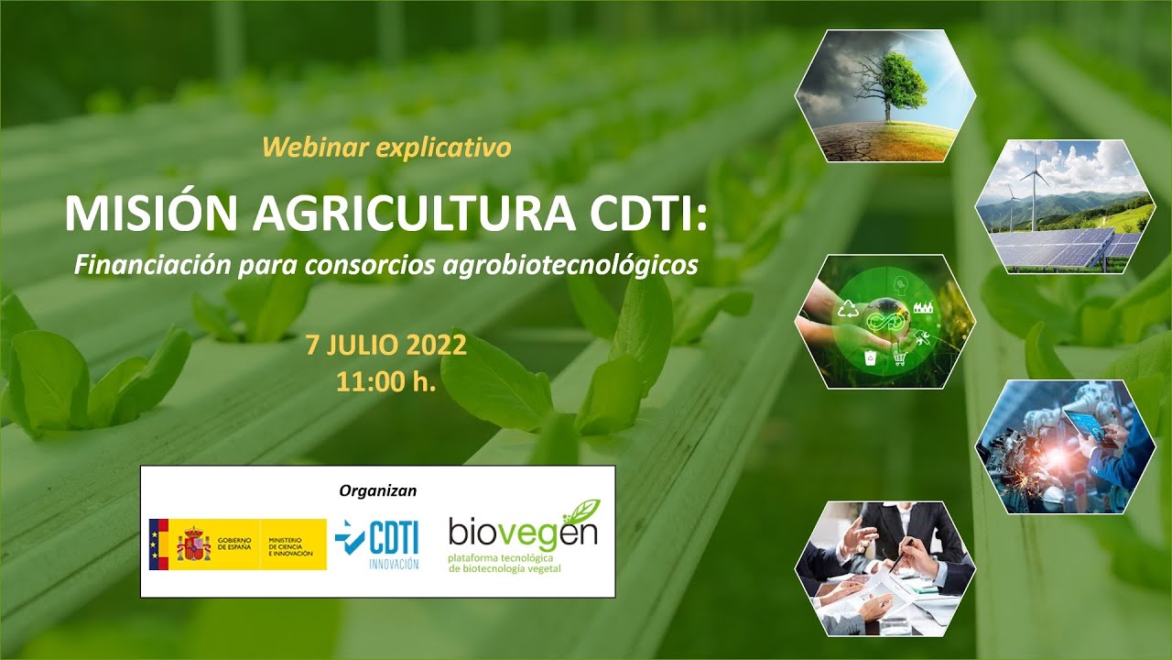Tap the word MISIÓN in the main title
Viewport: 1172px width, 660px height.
coord(151,214)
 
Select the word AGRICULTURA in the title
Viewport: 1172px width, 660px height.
coord(415,214)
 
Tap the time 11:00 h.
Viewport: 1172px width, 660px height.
coord(386,381)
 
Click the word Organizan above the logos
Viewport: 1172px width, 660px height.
coord(378,490)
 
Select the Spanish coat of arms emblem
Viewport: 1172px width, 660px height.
coord(193,544)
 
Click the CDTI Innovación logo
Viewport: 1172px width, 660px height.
coord(378,544)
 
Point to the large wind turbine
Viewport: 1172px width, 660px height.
coord(1034,189)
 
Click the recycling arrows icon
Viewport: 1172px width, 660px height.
coord(848,309)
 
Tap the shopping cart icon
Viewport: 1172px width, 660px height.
coord(900,359)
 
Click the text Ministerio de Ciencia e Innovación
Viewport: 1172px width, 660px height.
coord(291,546)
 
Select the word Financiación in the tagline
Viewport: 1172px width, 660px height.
coord(152,265)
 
